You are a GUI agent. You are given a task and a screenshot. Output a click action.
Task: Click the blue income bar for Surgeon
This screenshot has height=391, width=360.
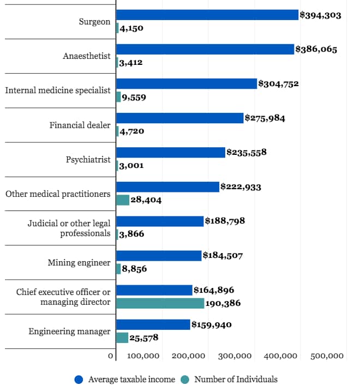coord(207,15)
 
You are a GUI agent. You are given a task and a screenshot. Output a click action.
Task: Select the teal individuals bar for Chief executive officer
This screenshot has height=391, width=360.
coord(160,303)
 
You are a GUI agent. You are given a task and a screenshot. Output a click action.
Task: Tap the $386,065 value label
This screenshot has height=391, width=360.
coord(316,49)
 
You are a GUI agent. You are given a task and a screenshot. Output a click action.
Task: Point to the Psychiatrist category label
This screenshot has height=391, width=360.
coord(88,160)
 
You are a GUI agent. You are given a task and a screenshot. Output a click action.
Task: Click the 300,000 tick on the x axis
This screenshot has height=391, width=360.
coord(235,356)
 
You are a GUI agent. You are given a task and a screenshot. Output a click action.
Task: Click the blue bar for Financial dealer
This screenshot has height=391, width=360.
coord(179,118)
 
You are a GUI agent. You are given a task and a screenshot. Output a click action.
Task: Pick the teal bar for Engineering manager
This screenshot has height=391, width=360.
coord(122,338)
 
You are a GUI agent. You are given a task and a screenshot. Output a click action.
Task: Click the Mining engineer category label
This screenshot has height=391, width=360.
coord(79,263)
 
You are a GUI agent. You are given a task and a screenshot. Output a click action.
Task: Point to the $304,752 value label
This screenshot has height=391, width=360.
coord(278,84)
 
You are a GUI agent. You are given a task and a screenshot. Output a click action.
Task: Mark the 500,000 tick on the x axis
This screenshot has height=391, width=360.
coord(327,356)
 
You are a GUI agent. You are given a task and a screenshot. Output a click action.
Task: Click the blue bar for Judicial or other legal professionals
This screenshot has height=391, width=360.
coord(160,221)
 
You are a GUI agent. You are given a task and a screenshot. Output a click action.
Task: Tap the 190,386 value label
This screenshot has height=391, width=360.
coord(223,303)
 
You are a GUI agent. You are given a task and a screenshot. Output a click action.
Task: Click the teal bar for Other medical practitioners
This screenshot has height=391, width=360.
coord(123,200)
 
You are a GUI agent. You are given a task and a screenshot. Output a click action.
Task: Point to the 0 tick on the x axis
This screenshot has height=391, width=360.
coord(111,356)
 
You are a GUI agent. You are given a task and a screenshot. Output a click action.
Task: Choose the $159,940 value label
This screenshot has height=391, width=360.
coord(212,325)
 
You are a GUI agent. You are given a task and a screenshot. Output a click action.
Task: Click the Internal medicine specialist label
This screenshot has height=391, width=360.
coord(58,91)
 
